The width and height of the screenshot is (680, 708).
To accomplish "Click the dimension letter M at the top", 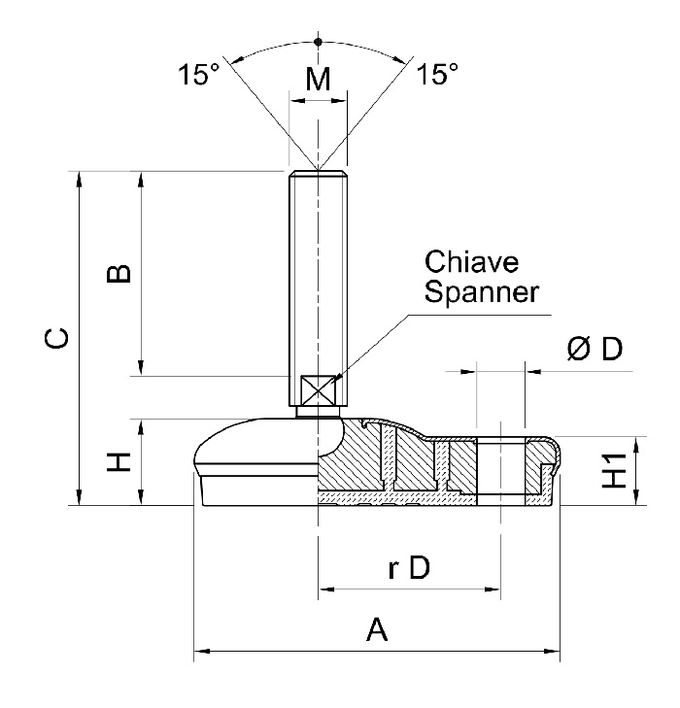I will pyautogui.click(x=318, y=81).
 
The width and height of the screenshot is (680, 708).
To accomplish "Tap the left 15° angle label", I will pyautogui.click(x=198, y=76).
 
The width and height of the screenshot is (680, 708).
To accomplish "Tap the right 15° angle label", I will pyautogui.click(x=437, y=76).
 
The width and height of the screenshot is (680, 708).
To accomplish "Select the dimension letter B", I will pyautogui.click(x=118, y=274).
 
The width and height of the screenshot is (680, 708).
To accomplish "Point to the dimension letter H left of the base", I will pyautogui.click(x=118, y=462).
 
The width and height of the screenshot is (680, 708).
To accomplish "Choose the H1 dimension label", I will pyautogui.click(x=614, y=471).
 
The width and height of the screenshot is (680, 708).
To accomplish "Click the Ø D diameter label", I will pyautogui.click(x=594, y=350).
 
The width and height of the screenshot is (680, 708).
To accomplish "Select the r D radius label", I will pyautogui.click(x=408, y=569).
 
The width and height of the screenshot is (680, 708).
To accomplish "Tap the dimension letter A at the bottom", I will pyautogui.click(x=377, y=631).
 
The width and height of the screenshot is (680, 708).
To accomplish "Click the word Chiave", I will pyautogui.click(x=472, y=262).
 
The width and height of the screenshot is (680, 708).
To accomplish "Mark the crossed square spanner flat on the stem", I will pyautogui.click(x=318, y=391).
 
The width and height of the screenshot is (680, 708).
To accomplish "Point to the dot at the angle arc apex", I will pyautogui.click(x=318, y=41).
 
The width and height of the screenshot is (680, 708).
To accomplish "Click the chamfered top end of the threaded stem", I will pyautogui.click(x=318, y=175).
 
